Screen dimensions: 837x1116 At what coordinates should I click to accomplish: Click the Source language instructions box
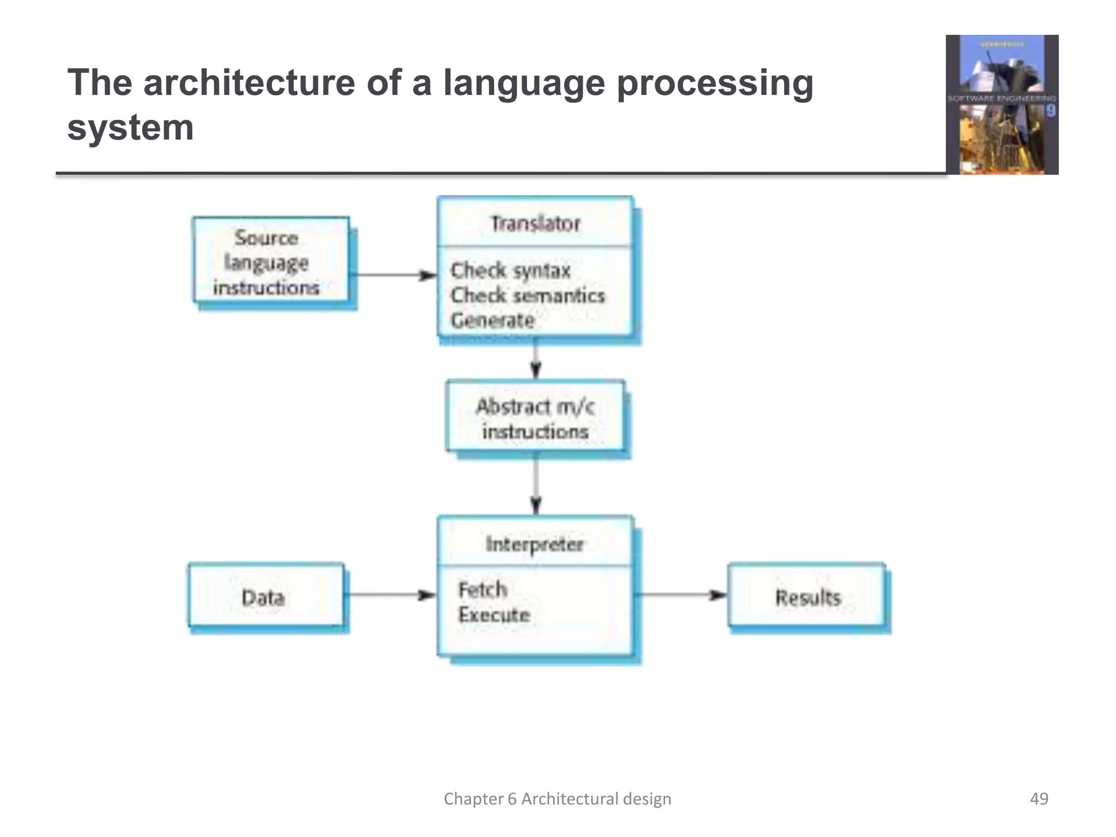pos(271,262)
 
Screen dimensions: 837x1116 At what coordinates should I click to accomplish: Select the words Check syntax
pos(510,270)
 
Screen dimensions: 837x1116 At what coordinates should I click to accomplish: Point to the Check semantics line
pos(527,295)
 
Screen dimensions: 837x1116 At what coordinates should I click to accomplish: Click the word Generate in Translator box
pos(493,320)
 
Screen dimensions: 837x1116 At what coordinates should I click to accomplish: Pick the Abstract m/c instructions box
pos(535,418)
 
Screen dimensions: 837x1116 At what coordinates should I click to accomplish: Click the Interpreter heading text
pos(535,544)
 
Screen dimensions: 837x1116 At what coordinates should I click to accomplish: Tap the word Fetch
pos(483,590)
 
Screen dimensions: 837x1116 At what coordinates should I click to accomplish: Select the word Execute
pos(494,615)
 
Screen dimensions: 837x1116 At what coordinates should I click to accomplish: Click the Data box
pos(265,597)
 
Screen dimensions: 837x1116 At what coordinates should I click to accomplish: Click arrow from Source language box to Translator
pos(392,275)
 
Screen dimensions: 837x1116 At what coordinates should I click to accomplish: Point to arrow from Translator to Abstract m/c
pos(536,359)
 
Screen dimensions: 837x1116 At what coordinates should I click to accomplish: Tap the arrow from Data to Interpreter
pos(390,595)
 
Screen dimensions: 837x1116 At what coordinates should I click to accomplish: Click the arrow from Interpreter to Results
pos(681,595)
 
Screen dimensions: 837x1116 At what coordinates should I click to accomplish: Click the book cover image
pos(1002,105)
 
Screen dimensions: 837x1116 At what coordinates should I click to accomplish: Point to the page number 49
pos(1039,798)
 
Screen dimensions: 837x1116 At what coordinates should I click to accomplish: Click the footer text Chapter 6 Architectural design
pos(557,798)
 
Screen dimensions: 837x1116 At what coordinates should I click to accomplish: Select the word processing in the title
pos(714,83)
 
